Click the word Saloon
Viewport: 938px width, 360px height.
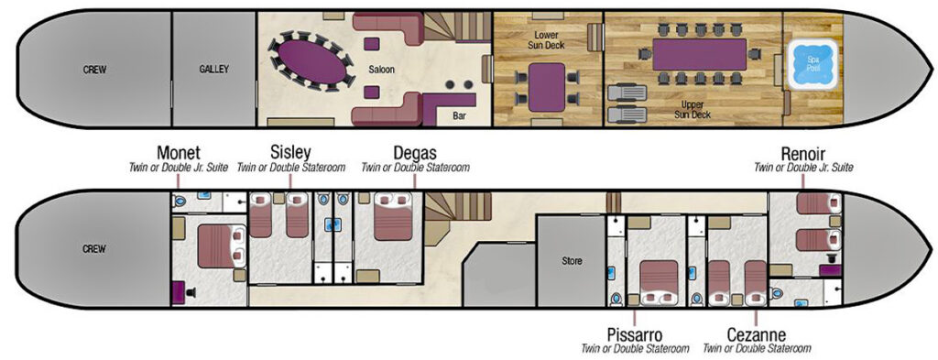click(381, 70)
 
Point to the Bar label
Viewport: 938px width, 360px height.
click(459, 116)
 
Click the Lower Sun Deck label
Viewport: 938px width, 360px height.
click(547, 38)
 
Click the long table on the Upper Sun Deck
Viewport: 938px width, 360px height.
click(700, 53)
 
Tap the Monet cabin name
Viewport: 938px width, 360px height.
click(179, 153)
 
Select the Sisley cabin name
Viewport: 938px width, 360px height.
click(291, 152)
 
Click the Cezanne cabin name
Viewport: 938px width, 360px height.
click(755, 333)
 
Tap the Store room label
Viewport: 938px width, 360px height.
click(572, 261)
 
